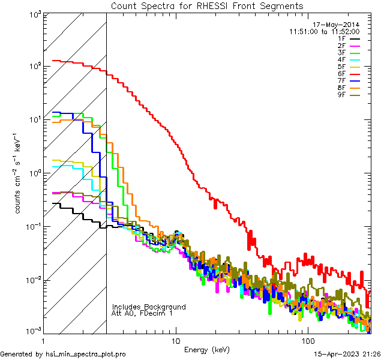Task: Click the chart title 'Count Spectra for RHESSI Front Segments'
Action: [x=207, y=5]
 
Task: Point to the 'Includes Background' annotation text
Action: [x=149, y=307]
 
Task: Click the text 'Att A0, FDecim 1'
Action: [x=142, y=313]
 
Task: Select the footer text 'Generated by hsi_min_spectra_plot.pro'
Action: [x=63, y=354]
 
